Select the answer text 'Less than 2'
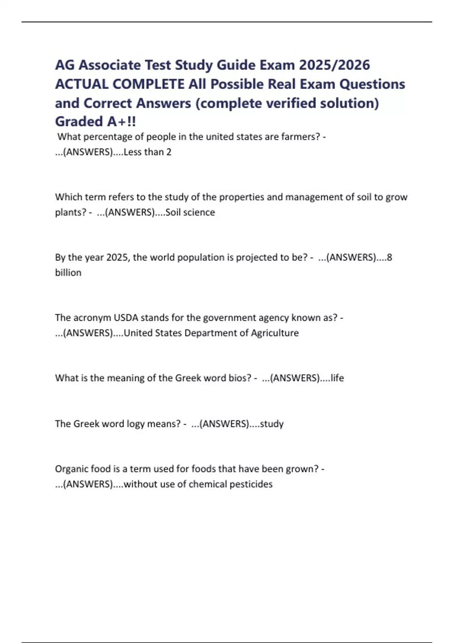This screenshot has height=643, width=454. pyautogui.click(x=148, y=152)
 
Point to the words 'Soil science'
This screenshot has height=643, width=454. pyautogui.click(x=190, y=212)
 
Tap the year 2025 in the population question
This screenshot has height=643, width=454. pyautogui.click(x=118, y=258)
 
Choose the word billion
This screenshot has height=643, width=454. pyautogui.click(x=68, y=273)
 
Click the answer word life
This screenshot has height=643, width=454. pyautogui.click(x=337, y=378)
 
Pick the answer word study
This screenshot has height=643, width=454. pyautogui.click(x=272, y=424)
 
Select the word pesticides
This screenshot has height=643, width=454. pyautogui.click(x=251, y=484)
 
